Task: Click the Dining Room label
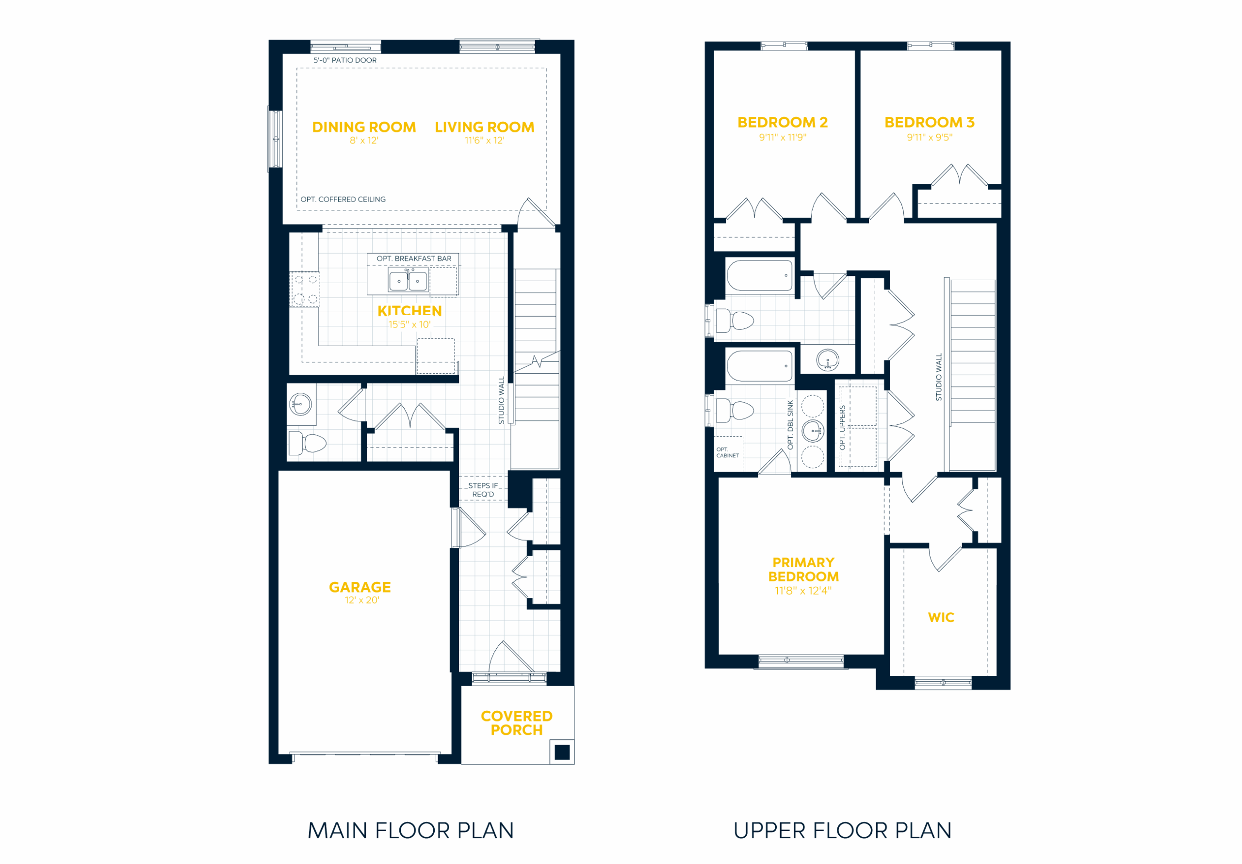click(x=364, y=127)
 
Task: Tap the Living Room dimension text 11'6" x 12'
click(x=485, y=141)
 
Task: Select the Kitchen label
click(x=409, y=311)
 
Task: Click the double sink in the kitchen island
click(x=408, y=281)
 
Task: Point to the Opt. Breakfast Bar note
click(x=414, y=258)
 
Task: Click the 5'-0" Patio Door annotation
click(x=345, y=60)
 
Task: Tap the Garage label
click(x=360, y=587)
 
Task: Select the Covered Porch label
click(x=517, y=723)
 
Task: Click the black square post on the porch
click(x=563, y=752)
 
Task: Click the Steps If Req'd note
click(x=483, y=490)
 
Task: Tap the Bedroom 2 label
click(x=783, y=123)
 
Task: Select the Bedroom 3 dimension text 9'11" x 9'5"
click(x=930, y=137)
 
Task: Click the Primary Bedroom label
click(x=803, y=569)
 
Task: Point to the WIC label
click(x=941, y=617)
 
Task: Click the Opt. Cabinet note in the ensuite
click(x=728, y=452)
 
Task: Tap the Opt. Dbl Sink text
click(x=790, y=425)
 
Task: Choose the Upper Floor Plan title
click(x=842, y=831)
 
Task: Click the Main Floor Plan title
click(x=410, y=831)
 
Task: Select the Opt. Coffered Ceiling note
click(x=343, y=199)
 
